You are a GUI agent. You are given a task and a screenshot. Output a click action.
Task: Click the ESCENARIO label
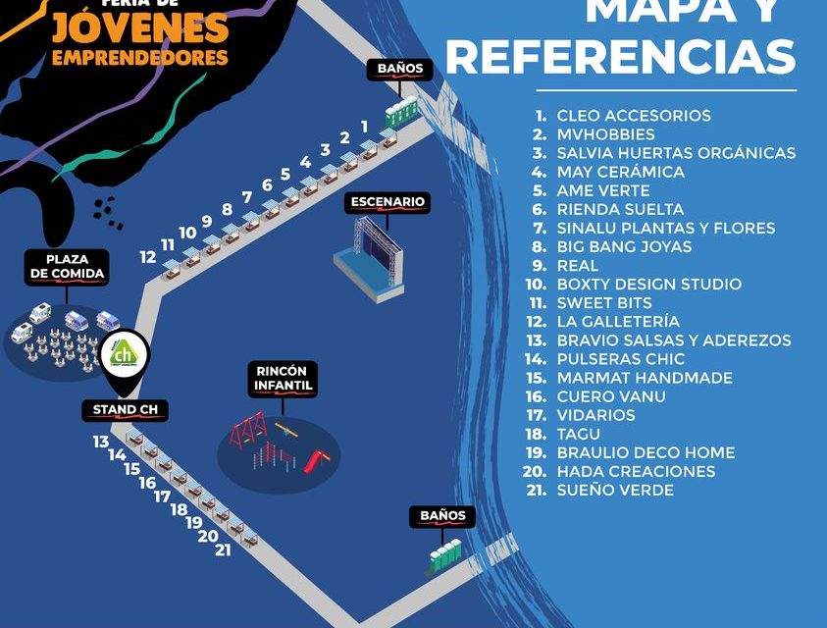click(x=387, y=202)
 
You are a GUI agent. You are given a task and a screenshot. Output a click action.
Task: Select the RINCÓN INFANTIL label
click(x=284, y=379)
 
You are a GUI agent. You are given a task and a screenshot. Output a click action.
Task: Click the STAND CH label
click(x=125, y=409)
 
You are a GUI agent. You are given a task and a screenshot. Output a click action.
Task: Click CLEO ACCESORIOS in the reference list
click(x=634, y=116)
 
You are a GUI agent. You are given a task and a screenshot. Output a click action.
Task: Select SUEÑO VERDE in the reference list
click(x=615, y=490)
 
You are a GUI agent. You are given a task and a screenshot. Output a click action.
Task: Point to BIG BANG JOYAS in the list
click(x=624, y=246)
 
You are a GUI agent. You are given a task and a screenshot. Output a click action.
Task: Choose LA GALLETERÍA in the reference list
click(x=618, y=321)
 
